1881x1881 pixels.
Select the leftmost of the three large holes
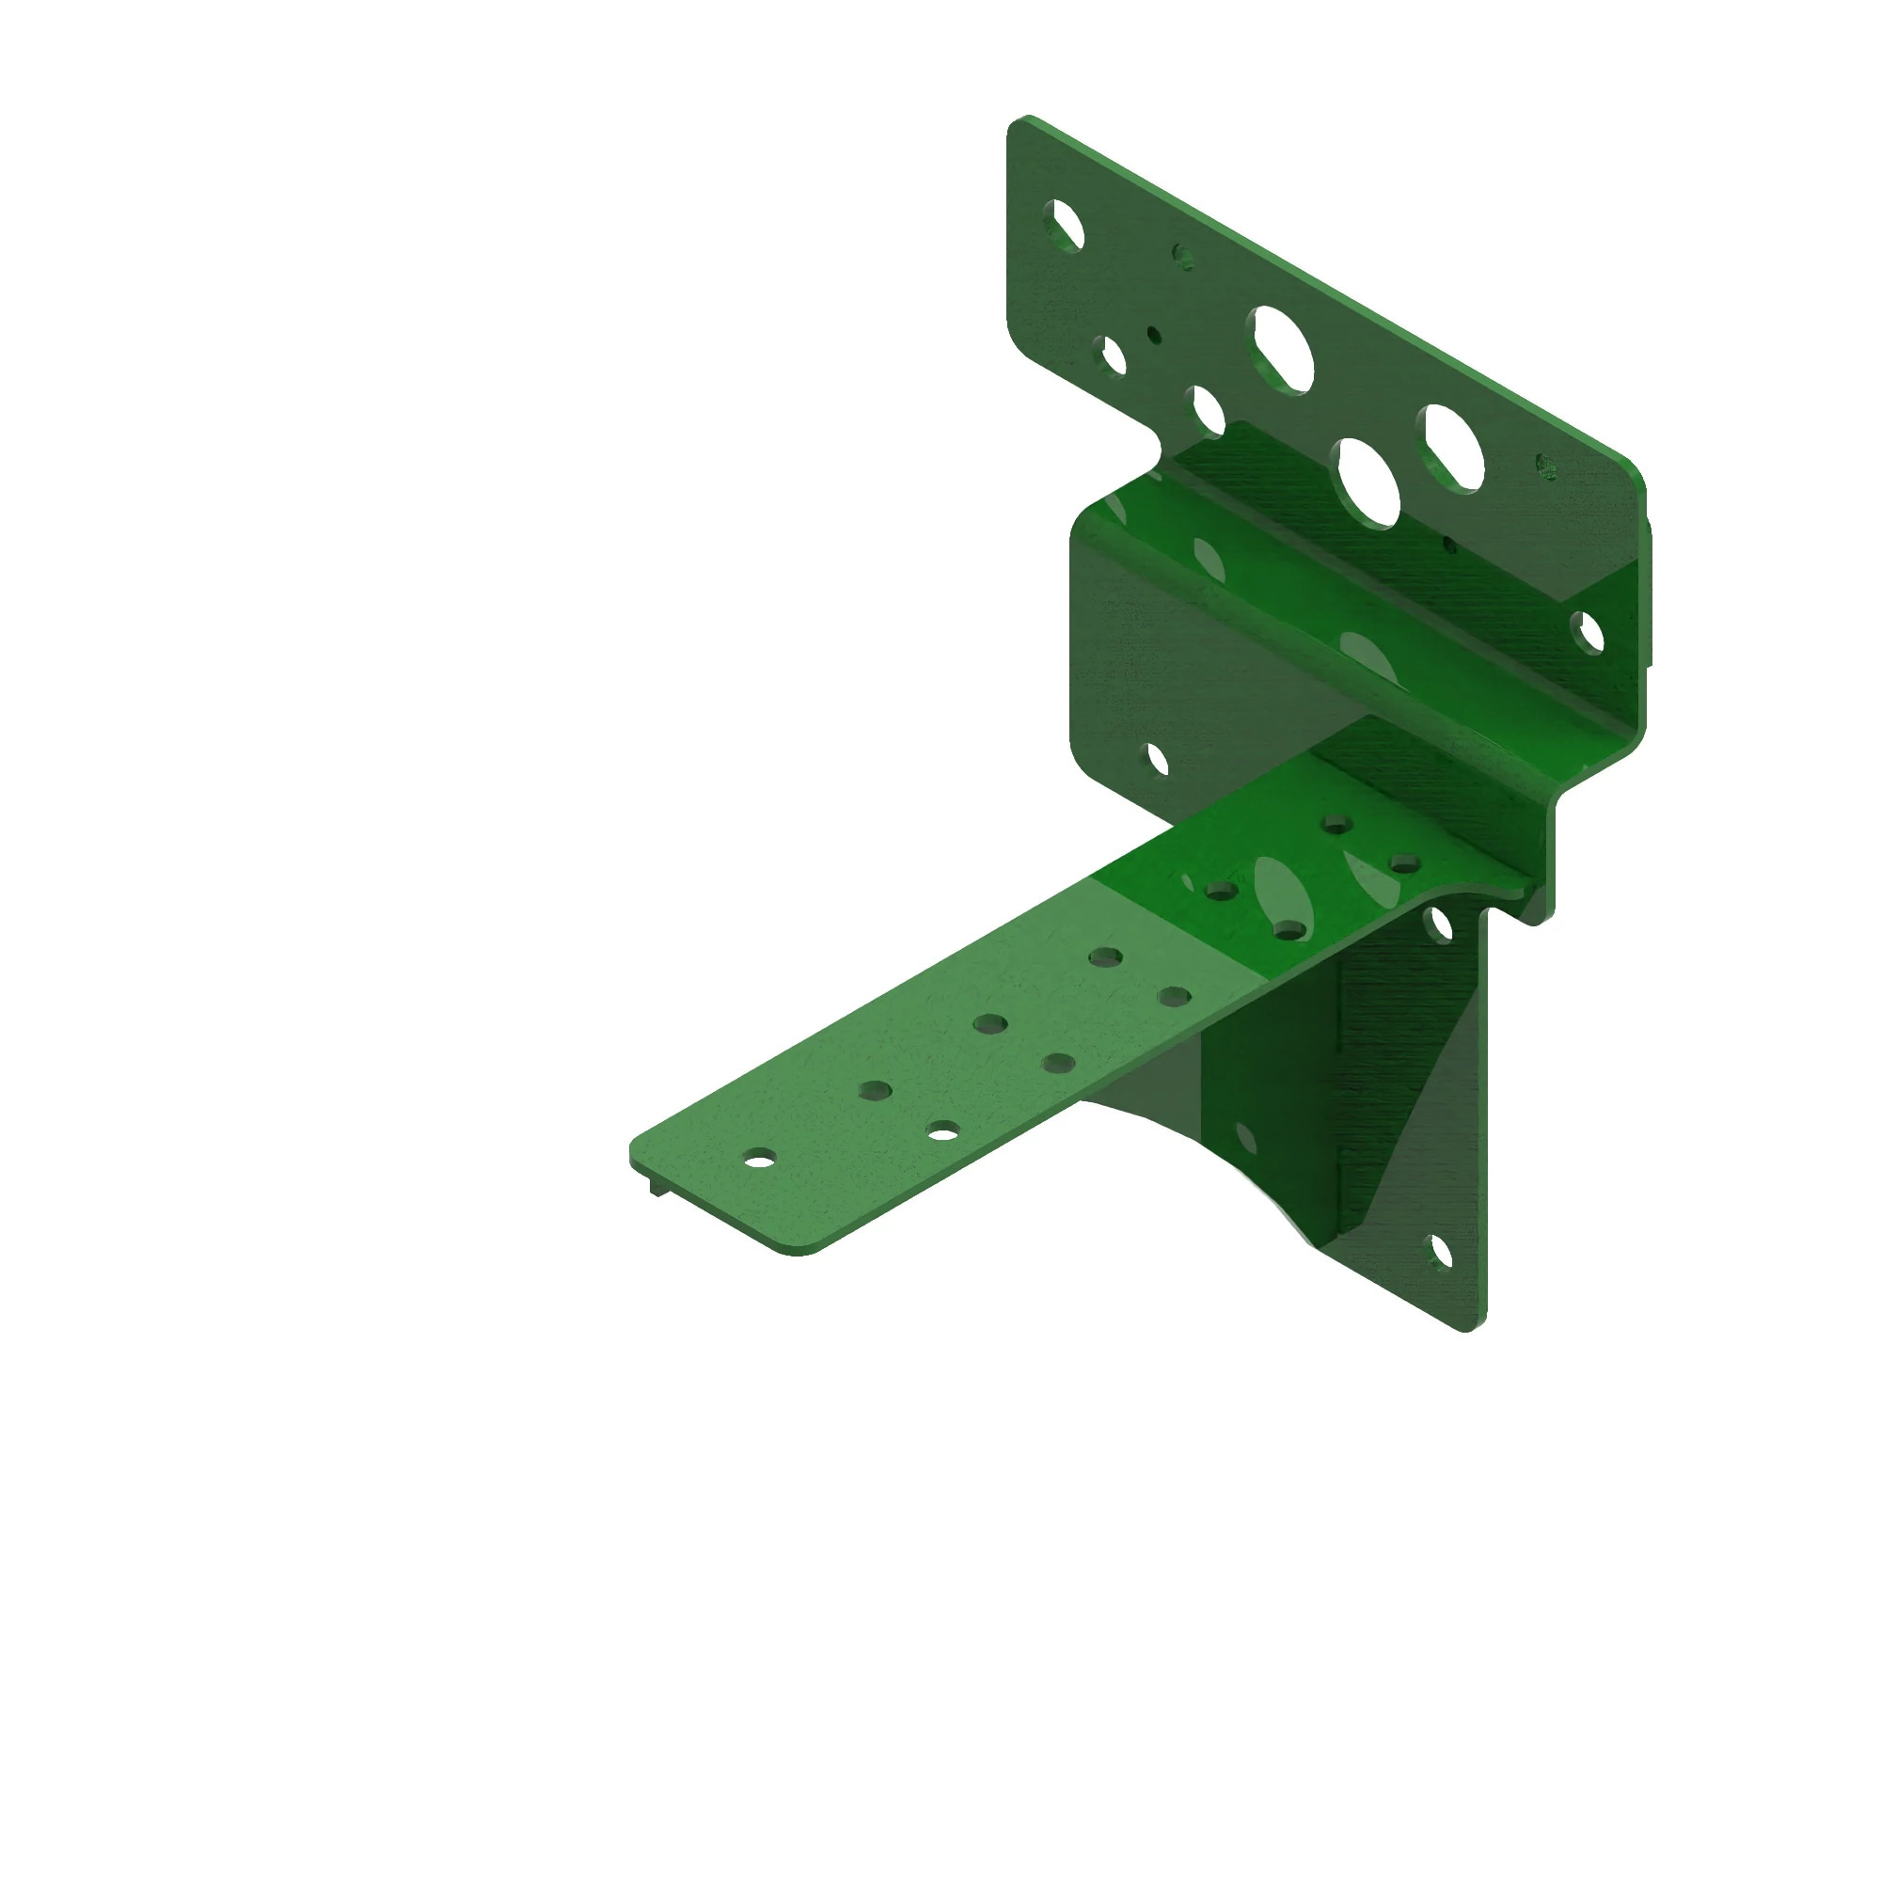point(1282,349)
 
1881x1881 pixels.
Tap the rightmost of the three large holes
point(1454,447)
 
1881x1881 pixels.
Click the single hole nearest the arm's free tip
point(759,1159)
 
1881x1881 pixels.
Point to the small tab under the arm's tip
point(657,1187)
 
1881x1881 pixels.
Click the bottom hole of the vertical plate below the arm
point(1439,1252)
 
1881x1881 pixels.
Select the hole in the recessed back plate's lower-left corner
point(1157,758)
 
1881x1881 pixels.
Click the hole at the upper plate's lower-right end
point(1587,633)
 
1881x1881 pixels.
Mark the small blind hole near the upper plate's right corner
point(1545,466)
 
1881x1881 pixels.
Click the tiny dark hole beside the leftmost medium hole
point(1154,335)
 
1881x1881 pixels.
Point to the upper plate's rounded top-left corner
point(1019,125)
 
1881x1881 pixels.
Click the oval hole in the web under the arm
point(1245,1136)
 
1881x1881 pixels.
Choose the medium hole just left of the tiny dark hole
point(1110,356)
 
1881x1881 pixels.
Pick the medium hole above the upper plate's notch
point(1208,410)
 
